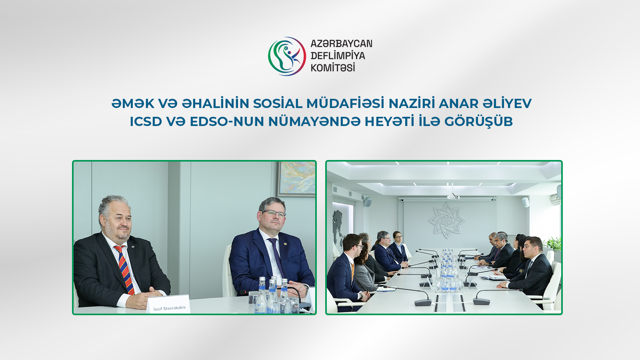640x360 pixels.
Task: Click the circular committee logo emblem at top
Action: (x=287, y=56)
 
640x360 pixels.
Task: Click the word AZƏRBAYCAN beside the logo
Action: (x=341, y=44)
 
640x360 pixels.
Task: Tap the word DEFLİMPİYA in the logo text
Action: (x=338, y=56)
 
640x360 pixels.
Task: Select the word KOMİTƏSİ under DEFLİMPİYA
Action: (x=333, y=68)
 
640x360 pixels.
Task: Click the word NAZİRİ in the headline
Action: (x=412, y=104)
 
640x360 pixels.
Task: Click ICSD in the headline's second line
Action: (x=146, y=122)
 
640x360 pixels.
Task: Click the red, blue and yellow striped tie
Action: (x=124, y=269)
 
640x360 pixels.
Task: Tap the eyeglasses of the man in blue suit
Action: (x=274, y=213)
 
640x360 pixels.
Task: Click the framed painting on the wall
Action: (x=296, y=178)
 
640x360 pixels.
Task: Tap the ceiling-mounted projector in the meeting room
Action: (x=453, y=196)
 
